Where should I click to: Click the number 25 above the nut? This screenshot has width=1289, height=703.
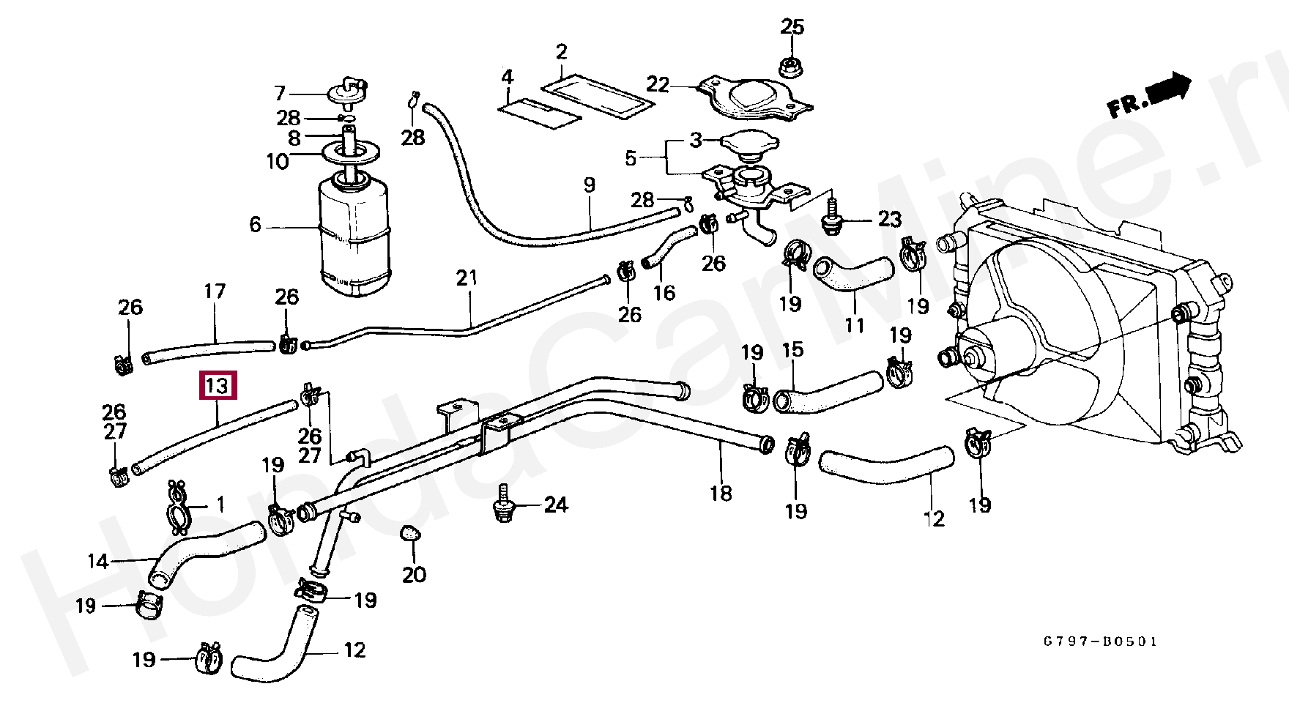(792, 27)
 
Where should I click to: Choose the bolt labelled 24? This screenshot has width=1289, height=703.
(502, 504)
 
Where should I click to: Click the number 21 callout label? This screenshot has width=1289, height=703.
(467, 278)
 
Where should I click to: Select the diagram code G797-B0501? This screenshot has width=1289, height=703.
(1101, 642)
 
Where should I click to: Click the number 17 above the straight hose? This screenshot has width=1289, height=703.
(215, 292)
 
